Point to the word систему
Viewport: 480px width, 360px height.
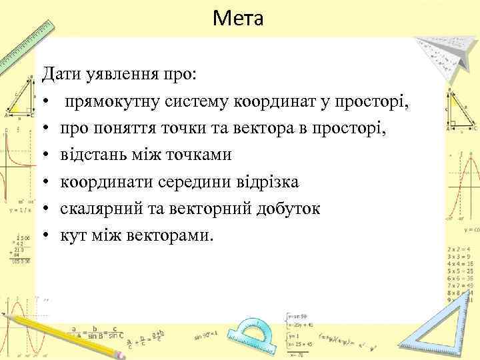click(197, 101)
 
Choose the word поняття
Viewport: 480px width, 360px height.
click(125, 128)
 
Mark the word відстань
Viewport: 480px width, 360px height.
click(93, 155)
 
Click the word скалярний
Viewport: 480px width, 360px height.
click(99, 209)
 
